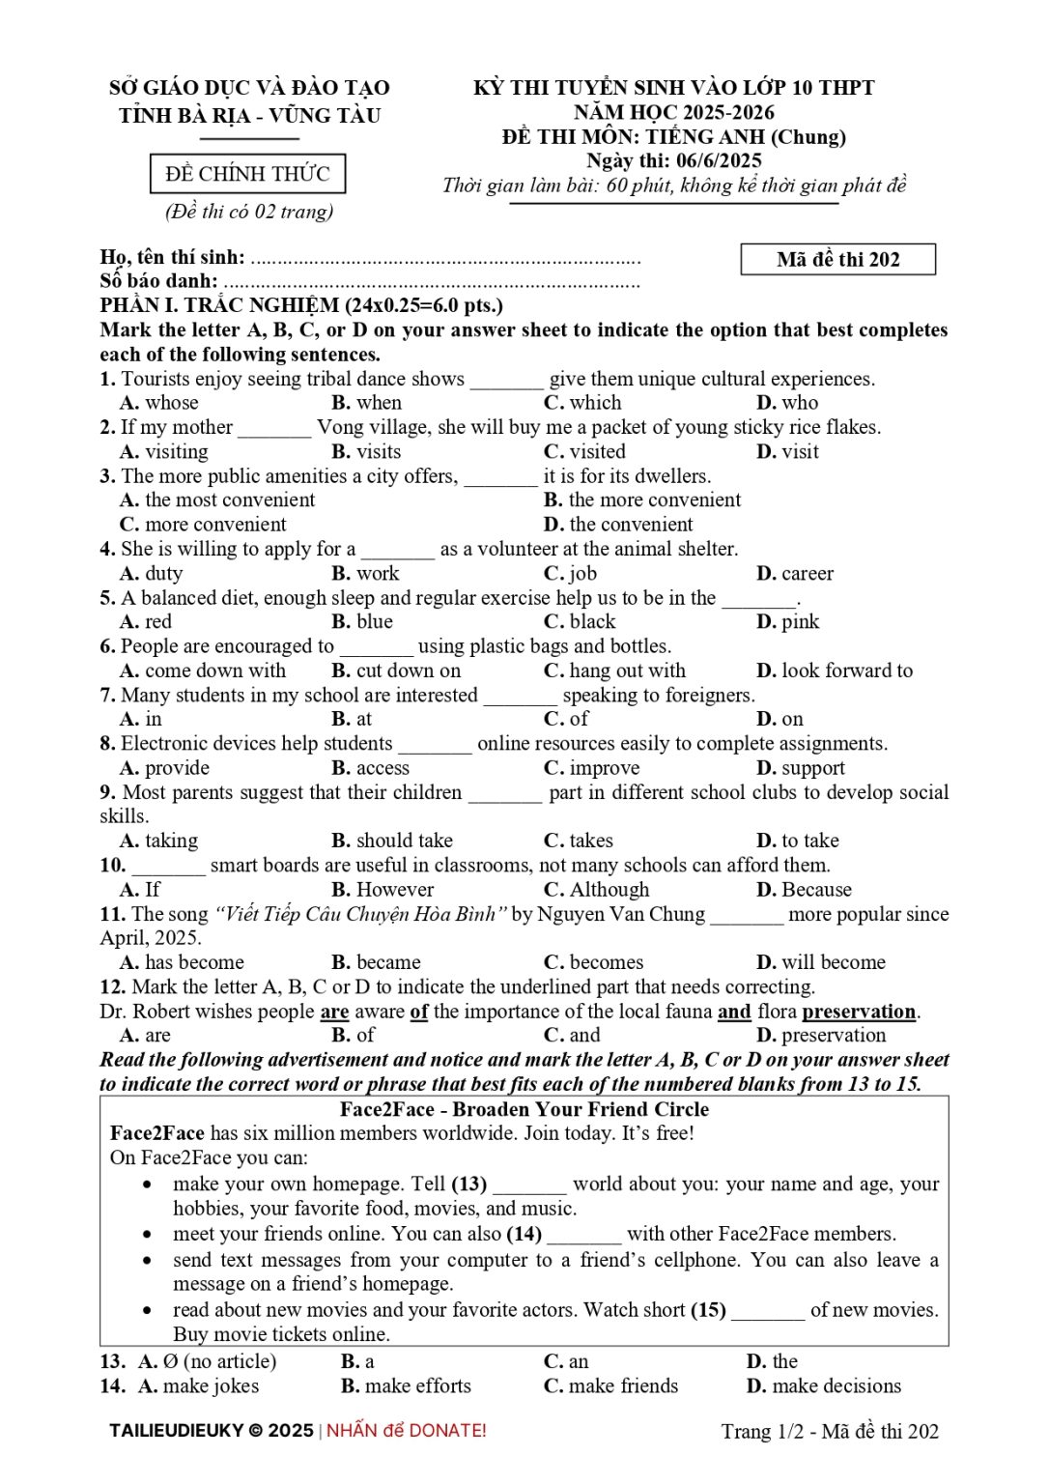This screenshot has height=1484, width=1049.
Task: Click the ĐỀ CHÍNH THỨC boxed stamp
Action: (x=247, y=174)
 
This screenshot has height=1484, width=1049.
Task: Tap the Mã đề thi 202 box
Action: (x=837, y=259)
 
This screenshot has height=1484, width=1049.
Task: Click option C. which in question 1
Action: (x=582, y=403)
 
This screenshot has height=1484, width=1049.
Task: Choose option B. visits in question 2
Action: (x=366, y=451)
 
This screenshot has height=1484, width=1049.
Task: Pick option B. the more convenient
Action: (x=642, y=499)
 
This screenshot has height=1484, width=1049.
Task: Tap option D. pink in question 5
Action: (x=787, y=621)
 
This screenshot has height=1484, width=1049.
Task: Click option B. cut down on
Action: (x=396, y=671)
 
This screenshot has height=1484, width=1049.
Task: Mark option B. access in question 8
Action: (x=370, y=768)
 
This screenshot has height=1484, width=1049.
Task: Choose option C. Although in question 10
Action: (x=596, y=889)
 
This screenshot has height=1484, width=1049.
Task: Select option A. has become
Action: (x=182, y=962)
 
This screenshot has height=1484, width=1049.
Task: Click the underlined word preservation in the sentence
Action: (x=858, y=1012)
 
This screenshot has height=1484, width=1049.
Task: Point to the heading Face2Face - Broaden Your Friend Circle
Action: (x=524, y=1109)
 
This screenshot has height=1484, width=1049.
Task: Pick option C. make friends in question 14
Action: (x=610, y=1386)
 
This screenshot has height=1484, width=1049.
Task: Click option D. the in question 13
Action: (x=772, y=1361)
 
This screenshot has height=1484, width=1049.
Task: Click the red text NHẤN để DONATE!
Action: (x=406, y=1431)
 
